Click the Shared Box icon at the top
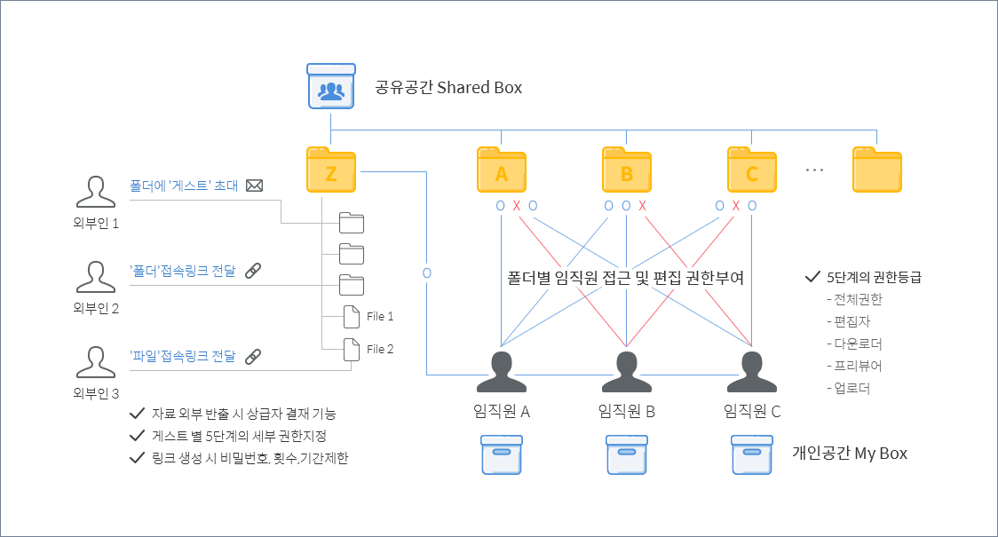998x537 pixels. coord(331,86)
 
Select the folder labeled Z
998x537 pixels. coord(331,170)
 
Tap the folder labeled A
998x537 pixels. coord(502,170)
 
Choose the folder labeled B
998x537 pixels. coord(627,170)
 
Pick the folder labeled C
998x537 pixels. coord(752,170)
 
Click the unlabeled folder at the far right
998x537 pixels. coord(877,170)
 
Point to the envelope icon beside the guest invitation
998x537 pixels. coord(255,186)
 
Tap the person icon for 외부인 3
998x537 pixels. coord(95,362)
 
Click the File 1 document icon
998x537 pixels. coord(352,317)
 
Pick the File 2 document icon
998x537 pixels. coord(352,350)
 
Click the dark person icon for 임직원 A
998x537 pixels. coord(502,372)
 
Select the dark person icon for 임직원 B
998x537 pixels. coord(627,372)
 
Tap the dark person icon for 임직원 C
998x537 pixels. coord(752,372)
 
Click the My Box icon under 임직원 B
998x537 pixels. coord(627,454)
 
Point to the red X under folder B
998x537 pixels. coord(643,206)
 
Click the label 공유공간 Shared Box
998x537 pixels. coord(448,87)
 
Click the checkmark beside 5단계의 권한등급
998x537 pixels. coord(812,277)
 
